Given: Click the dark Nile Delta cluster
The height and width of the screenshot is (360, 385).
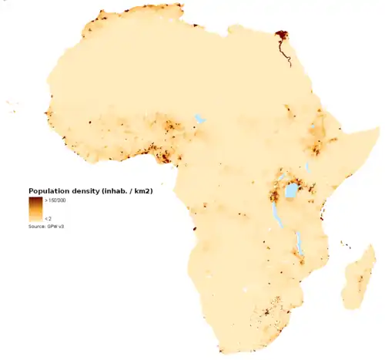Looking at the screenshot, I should tap(281, 35).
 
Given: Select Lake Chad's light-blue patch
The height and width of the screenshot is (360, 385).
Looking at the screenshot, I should tap(200, 119).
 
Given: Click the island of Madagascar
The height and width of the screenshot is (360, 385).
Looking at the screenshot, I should tap(358, 281).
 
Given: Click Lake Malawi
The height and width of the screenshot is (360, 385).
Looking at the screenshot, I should tap(298, 245).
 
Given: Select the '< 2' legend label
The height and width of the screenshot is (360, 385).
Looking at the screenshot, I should tap(49, 218).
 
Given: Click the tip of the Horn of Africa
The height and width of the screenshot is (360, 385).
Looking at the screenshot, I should tap(378, 128).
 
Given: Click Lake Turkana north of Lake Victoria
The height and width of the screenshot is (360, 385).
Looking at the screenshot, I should tap(306, 166).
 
